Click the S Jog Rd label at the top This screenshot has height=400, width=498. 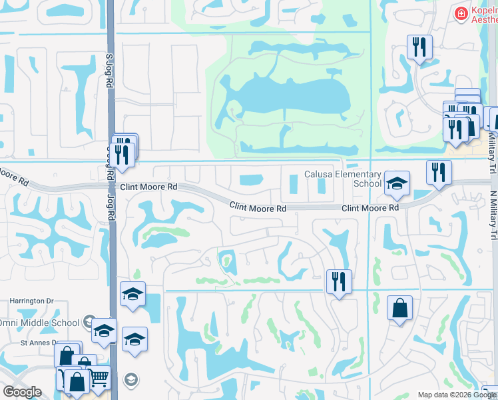[108, 71]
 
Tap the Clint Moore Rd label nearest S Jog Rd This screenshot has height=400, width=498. [148, 188]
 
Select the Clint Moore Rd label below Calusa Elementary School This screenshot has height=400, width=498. [370, 209]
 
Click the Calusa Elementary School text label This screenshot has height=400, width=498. [342, 179]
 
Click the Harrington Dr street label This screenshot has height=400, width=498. [31, 301]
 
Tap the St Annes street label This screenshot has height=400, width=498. [34, 343]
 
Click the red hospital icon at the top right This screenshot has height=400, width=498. [459, 13]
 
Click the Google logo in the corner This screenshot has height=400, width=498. [23, 392]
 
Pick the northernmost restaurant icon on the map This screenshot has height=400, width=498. [419, 47]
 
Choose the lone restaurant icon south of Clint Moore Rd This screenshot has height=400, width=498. [339, 281]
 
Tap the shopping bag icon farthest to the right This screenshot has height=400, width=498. [399, 308]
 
